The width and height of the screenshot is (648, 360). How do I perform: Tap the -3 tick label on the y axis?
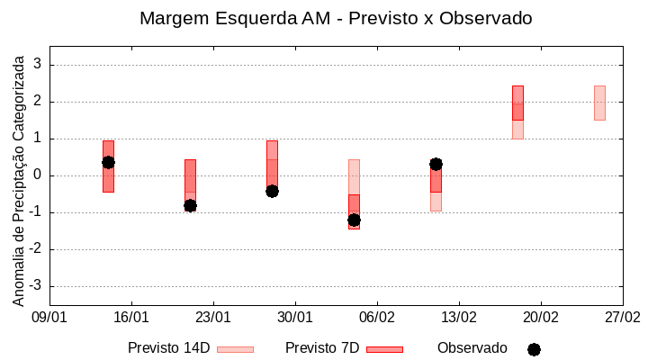(35, 286)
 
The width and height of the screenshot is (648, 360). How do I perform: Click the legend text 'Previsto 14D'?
(169, 348)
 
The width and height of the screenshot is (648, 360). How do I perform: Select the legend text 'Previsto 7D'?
(322, 348)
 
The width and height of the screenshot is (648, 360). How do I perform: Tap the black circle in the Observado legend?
(534, 349)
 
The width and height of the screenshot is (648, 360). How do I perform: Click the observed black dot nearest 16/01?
(108, 162)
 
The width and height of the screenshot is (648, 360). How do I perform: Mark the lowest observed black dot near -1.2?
(354, 220)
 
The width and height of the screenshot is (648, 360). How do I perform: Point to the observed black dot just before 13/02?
(436, 164)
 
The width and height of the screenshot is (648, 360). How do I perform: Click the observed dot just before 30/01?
(272, 191)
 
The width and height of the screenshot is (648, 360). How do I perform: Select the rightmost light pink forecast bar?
(599, 103)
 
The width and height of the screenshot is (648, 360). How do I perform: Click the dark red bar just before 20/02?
(517, 103)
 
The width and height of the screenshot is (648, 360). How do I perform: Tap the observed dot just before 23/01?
(190, 205)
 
